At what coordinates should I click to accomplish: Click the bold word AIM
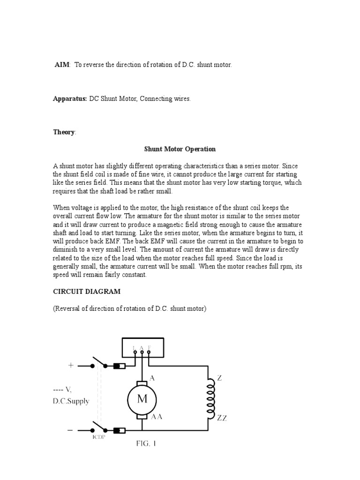pos(62,65)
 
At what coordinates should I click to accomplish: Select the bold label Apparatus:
pos(70,99)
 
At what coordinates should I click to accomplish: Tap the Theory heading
pos(64,132)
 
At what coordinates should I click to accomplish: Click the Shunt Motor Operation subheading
pos(180,149)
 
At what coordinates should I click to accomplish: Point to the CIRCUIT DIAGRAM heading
pos(87,291)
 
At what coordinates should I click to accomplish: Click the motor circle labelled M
pos(142,399)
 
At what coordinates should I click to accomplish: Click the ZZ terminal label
pos(222,418)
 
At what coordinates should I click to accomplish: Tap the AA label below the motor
pos(156,416)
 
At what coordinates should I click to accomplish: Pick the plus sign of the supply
pos(71,365)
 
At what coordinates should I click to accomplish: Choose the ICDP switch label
pos(98,439)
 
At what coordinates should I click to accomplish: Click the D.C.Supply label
pos(71,401)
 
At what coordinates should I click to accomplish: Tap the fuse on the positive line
pos(119,366)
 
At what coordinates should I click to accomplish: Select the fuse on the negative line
pos(119,430)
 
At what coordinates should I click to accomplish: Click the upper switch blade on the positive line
pos(98,361)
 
